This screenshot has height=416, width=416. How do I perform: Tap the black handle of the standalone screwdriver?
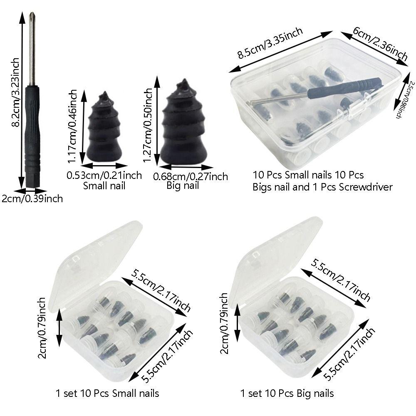(32, 133)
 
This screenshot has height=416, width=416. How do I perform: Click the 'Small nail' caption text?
(104, 186)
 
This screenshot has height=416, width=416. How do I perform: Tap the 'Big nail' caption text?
(183, 186)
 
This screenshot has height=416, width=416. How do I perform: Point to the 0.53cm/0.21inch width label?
(104, 175)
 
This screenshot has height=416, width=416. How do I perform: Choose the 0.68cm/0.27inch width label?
(191, 176)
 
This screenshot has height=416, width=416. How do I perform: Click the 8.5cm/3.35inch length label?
(270, 43)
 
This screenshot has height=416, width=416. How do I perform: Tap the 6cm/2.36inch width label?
(380, 42)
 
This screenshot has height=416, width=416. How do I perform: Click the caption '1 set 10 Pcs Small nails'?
(107, 393)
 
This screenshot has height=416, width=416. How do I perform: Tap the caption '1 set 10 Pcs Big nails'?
(287, 393)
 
